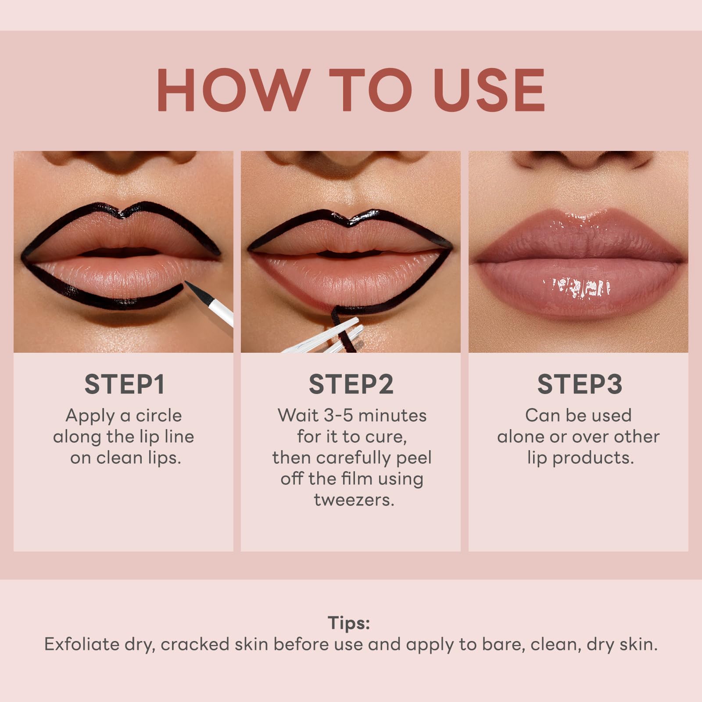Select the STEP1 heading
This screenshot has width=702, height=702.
click(124, 384)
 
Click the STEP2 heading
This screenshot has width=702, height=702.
click(351, 384)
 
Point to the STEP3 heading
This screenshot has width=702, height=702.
click(579, 384)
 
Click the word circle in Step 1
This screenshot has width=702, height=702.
click(159, 415)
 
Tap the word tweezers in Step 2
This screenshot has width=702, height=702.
click(354, 500)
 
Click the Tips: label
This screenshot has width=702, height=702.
click(349, 623)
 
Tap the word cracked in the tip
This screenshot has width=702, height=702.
click(194, 645)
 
